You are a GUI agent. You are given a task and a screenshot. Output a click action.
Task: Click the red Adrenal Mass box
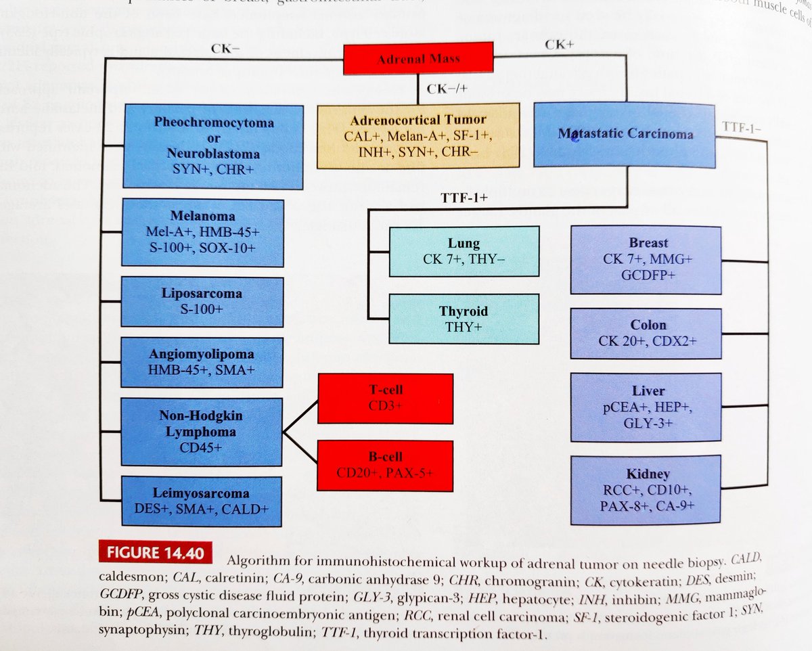pyautogui.click(x=419, y=59)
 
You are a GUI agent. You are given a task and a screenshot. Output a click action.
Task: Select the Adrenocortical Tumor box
pyautogui.click(x=418, y=135)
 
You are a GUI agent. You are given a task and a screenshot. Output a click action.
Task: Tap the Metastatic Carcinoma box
pyautogui.click(x=625, y=134)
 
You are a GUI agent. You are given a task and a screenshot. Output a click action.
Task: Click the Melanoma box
pyautogui.click(x=203, y=233)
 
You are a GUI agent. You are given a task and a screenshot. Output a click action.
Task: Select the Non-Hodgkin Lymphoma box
pyautogui.click(x=202, y=431)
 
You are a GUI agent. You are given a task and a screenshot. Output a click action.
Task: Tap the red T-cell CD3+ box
pyautogui.click(x=386, y=397)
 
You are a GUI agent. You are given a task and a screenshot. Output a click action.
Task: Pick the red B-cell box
pyautogui.click(x=386, y=465)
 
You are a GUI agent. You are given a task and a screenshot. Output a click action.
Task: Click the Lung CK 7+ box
pyautogui.click(x=464, y=251)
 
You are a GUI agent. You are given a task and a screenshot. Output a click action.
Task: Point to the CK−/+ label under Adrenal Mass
pyautogui.click(x=447, y=89)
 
